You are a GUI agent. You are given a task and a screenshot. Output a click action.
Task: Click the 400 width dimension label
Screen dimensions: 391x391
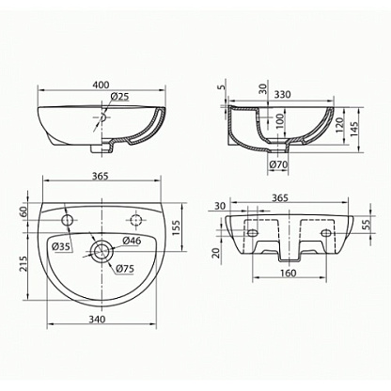tap(102, 85)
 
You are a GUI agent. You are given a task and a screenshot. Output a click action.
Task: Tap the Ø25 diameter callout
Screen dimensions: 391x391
tap(119, 97)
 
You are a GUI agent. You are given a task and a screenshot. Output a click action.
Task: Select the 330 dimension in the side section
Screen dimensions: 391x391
tap(282, 94)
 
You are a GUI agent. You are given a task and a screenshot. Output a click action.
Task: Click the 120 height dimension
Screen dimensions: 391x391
tap(339, 125)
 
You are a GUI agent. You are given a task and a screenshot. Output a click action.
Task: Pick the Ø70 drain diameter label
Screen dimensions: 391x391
tap(278, 164)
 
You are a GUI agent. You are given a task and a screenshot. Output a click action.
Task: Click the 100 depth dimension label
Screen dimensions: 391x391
tap(280, 120)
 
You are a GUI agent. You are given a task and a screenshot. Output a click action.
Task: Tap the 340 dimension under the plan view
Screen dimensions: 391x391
tap(97, 320)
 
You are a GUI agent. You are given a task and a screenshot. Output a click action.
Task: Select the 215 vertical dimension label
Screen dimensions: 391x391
tap(23, 265)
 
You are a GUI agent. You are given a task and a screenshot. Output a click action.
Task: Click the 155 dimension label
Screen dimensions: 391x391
tap(176, 228)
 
